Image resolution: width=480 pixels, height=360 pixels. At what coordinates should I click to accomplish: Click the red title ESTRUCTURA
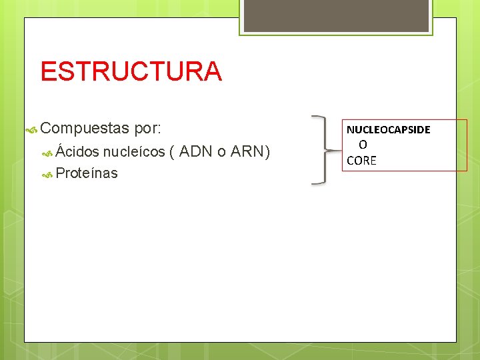[x=131, y=71]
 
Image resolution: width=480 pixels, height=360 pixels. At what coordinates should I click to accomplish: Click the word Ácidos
[x=77, y=151]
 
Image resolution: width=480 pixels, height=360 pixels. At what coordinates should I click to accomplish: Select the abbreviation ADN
[x=195, y=151]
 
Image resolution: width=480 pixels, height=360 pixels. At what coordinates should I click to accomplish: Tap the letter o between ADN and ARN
[x=221, y=152]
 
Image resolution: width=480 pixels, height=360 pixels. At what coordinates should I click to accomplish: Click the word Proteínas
[x=87, y=173]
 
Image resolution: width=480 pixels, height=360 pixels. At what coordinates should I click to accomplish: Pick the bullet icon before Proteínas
[x=47, y=175]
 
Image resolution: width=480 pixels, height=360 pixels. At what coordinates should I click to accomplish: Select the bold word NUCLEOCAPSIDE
[x=388, y=129]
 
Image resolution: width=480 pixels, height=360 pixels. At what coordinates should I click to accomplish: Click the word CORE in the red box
[x=361, y=161]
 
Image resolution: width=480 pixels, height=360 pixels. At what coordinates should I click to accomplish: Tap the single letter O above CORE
[x=363, y=145]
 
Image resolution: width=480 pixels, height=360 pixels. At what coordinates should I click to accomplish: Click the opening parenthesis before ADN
[x=173, y=152]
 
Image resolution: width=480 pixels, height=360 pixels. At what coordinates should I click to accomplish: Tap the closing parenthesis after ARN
[x=267, y=152]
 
